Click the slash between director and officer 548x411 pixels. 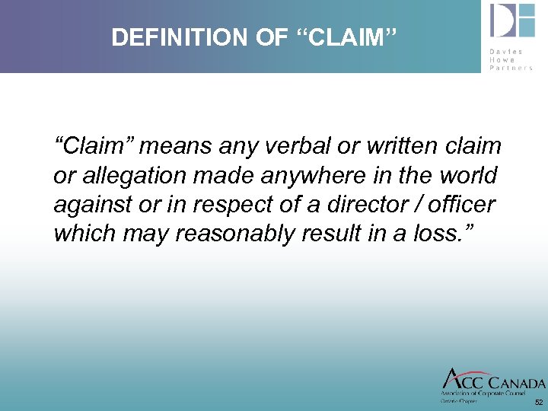point(423,205)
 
